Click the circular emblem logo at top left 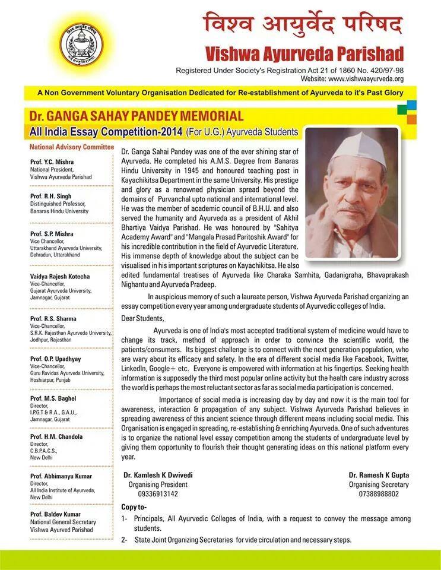click(x=81, y=45)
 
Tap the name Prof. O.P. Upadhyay click(x=55, y=359)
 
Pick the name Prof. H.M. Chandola click(x=56, y=436)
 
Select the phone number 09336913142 click(x=158, y=493)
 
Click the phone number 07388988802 click(x=379, y=493)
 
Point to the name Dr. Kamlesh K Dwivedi click(x=158, y=475)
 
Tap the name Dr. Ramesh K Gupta click(x=379, y=475)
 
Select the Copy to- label click(x=134, y=507)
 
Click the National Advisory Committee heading click(x=71, y=147)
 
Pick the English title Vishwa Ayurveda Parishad click(x=304, y=54)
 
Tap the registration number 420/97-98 click(x=386, y=70)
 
